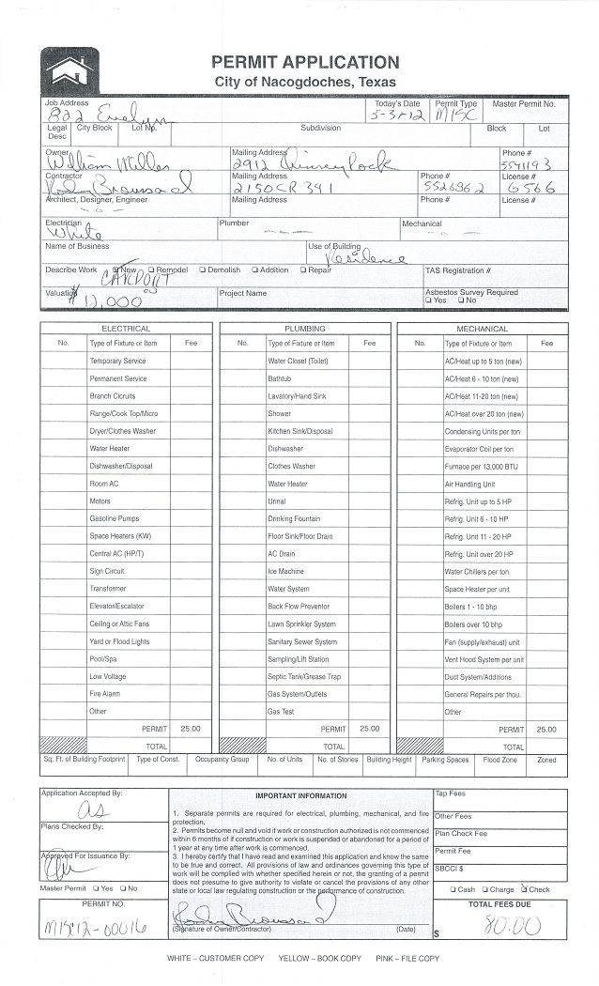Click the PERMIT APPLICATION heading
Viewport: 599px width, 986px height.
point(304,62)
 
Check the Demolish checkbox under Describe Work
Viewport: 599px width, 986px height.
point(203,270)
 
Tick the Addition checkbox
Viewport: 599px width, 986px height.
point(254,270)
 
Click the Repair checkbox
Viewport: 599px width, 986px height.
point(303,270)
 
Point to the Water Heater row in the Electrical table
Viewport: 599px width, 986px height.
point(110,449)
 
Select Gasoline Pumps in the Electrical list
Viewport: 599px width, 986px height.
point(114,518)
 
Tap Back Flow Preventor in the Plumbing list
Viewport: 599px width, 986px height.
point(299,606)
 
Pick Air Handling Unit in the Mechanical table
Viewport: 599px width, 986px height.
point(469,484)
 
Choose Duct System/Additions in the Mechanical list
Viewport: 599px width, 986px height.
point(478,676)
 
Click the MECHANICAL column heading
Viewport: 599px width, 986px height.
point(482,329)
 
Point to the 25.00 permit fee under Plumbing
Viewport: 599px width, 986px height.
point(369,728)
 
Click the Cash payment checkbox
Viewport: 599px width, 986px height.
point(453,889)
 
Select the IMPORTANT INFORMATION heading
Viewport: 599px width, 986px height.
point(300,796)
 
